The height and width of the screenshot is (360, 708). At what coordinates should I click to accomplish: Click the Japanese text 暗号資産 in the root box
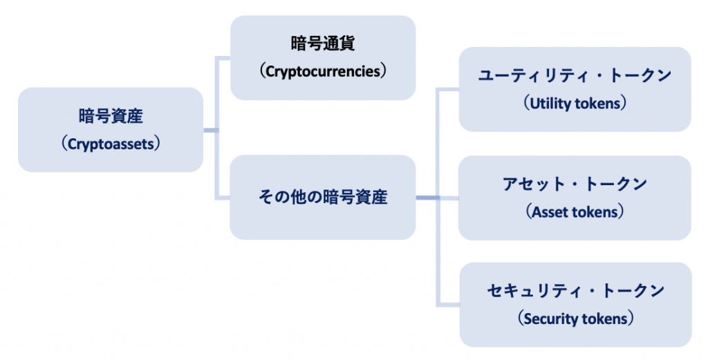pyautogui.click(x=111, y=116)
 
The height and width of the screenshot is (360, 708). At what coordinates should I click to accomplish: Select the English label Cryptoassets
pyautogui.click(x=111, y=144)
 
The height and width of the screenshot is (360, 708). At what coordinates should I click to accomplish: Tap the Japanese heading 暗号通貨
pyautogui.click(x=323, y=44)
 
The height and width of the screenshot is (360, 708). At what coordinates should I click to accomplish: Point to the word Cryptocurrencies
pyautogui.click(x=323, y=71)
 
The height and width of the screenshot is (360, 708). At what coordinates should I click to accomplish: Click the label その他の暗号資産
pyautogui.click(x=323, y=197)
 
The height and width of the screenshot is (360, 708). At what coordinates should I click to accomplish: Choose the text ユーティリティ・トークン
pyautogui.click(x=575, y=75)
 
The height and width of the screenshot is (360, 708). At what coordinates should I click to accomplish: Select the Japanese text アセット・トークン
pyautogui.click(x=575, y=184)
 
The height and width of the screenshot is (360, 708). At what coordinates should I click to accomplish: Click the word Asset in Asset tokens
pyautogui.click(x=551, y=212)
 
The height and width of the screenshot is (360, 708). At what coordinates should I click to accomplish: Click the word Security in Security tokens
pyautogui.click(x=548, y=319)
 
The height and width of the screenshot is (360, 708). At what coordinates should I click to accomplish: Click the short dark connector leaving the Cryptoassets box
pyautogui.click(x=211, y=131)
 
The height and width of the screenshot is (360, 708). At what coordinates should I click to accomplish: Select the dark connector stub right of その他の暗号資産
pyautogui.click(x=427, y=198)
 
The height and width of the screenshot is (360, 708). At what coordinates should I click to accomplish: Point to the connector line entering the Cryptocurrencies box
pyautogui.click(x=223, y=58)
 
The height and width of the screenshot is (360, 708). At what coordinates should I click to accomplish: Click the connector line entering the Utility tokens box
pyautogui.click(x=448, y=90)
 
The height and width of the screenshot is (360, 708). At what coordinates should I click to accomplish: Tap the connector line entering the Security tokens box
pyautogui.click(x=448, y=305)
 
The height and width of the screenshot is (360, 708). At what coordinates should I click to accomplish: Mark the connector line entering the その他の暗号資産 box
pyautogui.click(x=223, y=198)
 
